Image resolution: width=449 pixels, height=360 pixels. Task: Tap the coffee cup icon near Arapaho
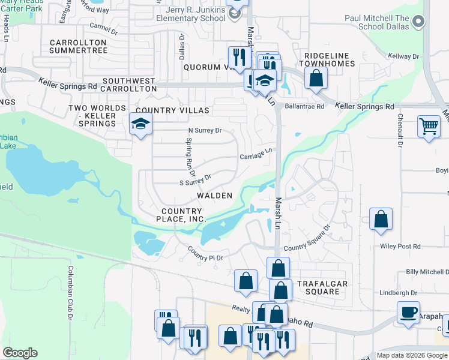(x=408, y=312)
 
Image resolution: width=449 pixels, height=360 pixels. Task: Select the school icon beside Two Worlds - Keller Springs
(x=140, y=124)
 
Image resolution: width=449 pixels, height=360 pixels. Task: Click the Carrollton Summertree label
(x=79, y=46)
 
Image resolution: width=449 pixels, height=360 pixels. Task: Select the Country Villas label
(x=172, y=110)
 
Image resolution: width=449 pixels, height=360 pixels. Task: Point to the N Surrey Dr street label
(x=205, y=130)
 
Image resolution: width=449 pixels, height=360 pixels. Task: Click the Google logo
(x=20, y=353)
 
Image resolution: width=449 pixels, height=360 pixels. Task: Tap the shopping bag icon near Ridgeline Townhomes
(x=315, y=77)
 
